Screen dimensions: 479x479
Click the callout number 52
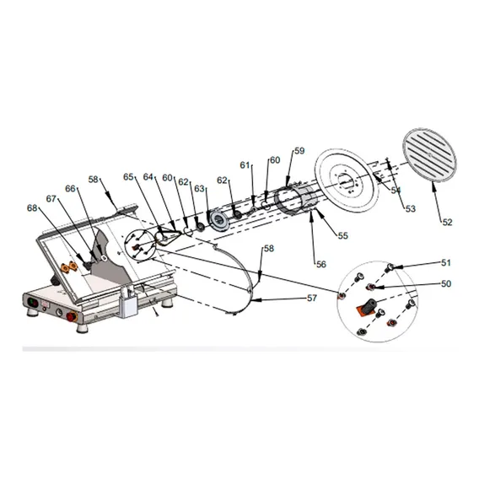447,222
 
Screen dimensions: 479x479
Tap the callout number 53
411,208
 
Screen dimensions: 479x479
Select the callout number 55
342,235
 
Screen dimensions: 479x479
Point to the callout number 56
321,264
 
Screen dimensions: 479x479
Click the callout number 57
312,298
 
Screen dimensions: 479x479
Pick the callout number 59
299,151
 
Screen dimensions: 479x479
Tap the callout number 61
245,165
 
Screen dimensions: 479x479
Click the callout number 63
200,189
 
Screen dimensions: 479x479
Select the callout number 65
129,177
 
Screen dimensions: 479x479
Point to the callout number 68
32,208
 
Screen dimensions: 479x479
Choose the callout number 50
446,284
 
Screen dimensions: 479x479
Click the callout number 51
446,263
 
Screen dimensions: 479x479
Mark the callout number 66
70,189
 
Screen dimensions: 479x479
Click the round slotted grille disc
429,156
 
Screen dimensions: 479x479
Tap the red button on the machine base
72,316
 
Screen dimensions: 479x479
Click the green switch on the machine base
33,303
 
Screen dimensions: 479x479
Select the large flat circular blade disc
347,181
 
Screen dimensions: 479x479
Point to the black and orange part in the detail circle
366,307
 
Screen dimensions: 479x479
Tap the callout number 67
51,199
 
